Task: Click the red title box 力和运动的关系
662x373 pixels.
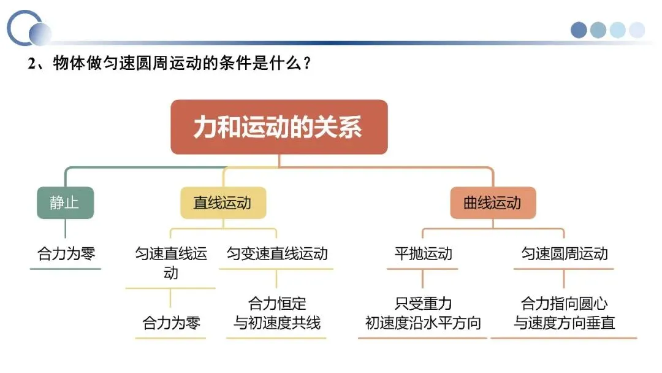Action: [279, 127]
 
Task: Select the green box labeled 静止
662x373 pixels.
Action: [65, 202]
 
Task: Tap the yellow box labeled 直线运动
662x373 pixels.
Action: [223, 202]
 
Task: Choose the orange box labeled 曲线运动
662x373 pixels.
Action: [492, 202]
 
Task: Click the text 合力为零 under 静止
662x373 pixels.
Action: [66, 253]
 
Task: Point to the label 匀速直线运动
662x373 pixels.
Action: [171, 263]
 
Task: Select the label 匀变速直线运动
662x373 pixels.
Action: [277, 253]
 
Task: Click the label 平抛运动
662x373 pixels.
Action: [423, 253]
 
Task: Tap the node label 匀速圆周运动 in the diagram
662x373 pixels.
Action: [564, 253]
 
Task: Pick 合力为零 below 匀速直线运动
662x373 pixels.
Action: [171, 323]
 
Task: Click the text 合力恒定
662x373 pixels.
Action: [277, 304]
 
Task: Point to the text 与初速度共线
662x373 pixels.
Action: [277, 323]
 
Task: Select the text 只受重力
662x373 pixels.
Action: [423, 304]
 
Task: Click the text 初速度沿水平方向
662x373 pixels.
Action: [423, 323]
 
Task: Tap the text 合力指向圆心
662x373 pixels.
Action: [564, 304]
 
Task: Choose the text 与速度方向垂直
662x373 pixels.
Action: [564, 323]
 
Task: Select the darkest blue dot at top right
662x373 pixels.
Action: [579, 30]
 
